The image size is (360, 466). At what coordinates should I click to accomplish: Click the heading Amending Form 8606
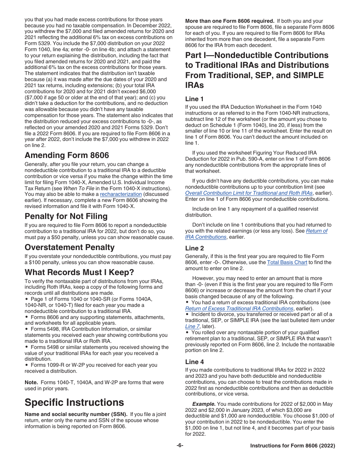tap(67, 155)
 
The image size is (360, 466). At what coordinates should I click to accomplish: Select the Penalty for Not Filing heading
tap(66, 216)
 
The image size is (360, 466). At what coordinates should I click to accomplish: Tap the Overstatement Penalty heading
tap(69, 247)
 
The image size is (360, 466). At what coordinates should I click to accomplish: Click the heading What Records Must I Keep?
tap(79, 272)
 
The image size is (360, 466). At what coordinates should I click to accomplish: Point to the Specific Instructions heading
tap(74, 402)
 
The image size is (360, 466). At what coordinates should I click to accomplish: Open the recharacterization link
tap(121, 194)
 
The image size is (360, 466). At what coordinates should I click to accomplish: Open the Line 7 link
tap(192, 326)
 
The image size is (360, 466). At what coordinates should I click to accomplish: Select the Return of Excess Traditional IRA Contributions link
tap(239, 308)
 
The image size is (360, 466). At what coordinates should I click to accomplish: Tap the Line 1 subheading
tap(194, 99)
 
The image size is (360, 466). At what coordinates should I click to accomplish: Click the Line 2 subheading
tap(194, 248)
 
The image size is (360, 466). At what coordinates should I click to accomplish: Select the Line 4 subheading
tap(194, 362)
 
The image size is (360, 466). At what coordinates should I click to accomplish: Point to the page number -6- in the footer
tap(180, 446)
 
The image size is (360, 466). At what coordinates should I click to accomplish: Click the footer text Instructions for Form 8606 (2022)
tap(293, 446)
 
